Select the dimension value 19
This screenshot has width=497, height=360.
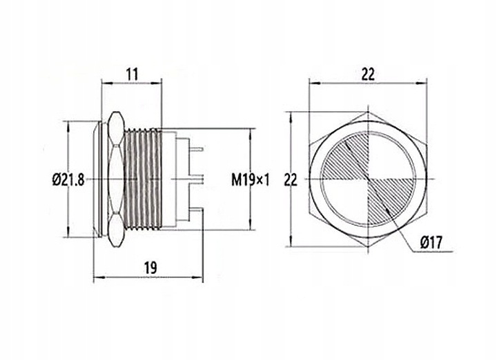(x=149, y=266)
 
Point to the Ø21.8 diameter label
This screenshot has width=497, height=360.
(x=68, y=180)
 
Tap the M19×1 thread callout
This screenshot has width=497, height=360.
(x=250, y=180)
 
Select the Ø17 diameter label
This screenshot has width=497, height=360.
(x=433, y=242)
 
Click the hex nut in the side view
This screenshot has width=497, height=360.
(x=116, y=180)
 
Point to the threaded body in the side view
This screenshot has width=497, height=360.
(x=143, y=180)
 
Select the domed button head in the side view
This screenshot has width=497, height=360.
(x=99, y=180)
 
